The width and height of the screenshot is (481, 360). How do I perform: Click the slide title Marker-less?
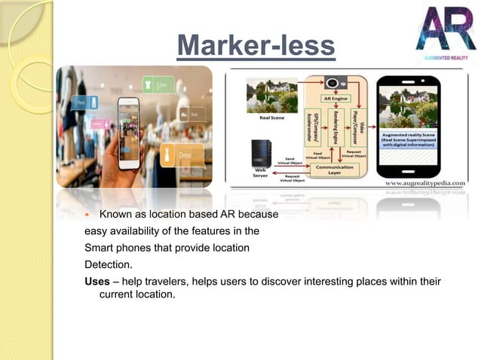[256, 46]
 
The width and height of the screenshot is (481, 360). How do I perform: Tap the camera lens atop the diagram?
[332, 82]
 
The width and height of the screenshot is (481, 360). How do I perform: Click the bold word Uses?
[98, 281]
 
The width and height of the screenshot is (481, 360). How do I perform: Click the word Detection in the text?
[109, 264]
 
